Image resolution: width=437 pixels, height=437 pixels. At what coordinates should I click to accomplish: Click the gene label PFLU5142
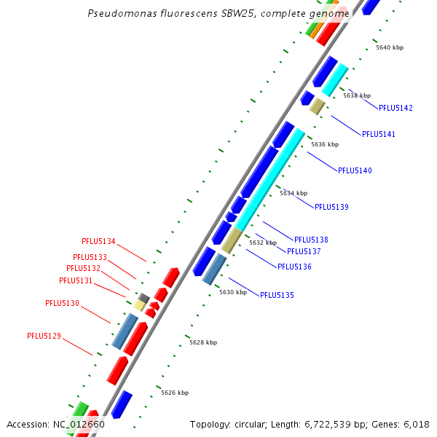(395, 108)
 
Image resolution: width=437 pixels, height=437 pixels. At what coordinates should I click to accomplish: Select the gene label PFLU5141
(379, 134)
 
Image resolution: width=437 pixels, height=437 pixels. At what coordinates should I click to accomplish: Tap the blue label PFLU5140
(355, 170)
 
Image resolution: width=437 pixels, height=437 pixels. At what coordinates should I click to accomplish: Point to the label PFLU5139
(331, 207)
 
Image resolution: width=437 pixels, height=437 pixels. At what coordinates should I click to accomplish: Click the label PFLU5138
(311, 240)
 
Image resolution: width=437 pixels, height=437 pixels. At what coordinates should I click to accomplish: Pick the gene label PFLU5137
(304, 251)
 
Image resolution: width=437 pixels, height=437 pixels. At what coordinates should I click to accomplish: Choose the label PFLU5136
(294, 267)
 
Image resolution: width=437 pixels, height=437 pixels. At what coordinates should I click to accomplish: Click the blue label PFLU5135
(277, 295)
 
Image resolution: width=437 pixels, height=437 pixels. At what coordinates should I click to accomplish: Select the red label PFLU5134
(98, 241)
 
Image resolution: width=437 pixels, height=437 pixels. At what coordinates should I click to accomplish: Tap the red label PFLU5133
(90, 257)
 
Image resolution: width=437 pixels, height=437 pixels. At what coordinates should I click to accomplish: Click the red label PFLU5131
(76, 280)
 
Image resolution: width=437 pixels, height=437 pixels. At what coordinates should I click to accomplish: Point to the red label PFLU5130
(62, 303)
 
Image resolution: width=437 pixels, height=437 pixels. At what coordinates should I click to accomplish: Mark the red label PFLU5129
(44, 336)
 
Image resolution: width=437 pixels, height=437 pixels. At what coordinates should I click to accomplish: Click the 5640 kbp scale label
(390, 47)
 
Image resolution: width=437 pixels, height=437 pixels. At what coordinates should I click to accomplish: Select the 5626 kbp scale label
(175, 393)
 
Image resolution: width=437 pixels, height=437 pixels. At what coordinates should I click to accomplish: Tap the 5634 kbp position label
(294, 193)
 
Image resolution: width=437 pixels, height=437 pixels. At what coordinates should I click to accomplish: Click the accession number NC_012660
(79, 424)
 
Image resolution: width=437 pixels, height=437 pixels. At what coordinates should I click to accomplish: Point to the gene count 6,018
(416, 424)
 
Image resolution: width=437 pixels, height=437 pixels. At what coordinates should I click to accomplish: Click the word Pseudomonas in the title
(119, 14)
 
